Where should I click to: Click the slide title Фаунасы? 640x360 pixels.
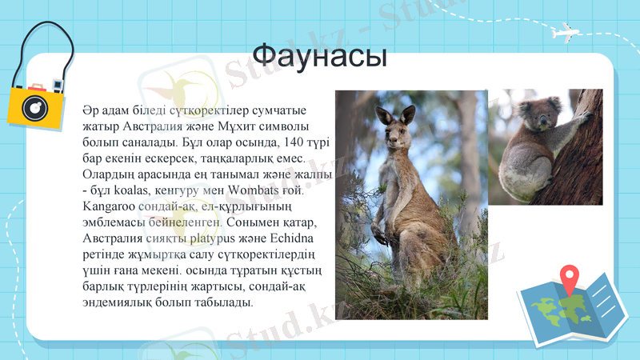click(x=320, y=56)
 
